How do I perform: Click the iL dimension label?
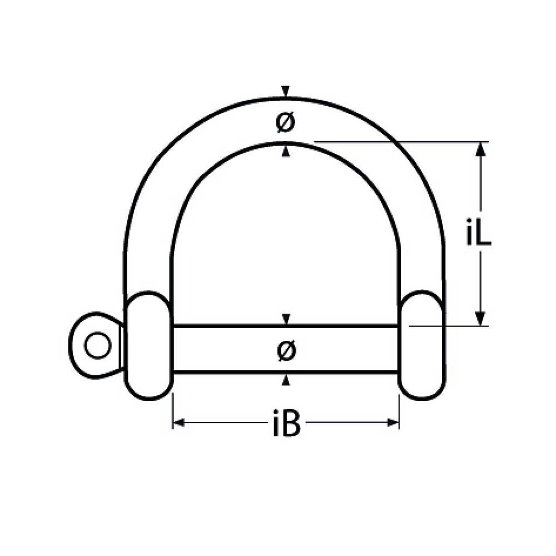(478, 234)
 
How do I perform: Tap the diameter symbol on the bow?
(286, 122)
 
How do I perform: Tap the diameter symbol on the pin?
(286, 350)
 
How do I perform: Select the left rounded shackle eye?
(147, 345)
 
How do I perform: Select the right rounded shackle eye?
(421, 345)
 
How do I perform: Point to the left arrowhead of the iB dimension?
(178, 423)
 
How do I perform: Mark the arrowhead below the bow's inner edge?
(286, 150)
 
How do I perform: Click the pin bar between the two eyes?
(234, 349)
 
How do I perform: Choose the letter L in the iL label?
(483, 234)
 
